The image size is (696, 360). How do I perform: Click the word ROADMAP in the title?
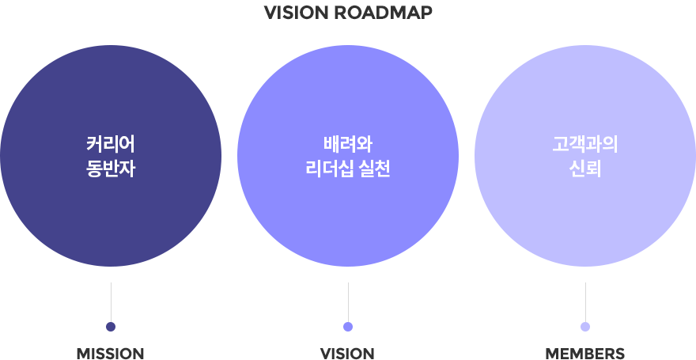click(383, 13)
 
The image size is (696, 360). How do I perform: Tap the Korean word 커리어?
click(111, 145)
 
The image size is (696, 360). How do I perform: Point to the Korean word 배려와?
click(348, 145)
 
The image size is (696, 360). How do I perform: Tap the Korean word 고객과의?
click(585, 145)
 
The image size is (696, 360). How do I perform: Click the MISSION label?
click(111, 354)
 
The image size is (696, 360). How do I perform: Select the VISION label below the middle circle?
click(347, 354)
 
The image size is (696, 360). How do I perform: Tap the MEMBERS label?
click(585, 354)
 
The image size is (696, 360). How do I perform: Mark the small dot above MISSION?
click(111, 327)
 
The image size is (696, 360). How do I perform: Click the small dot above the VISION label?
click(348, 327)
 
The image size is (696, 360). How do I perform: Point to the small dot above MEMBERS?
click(585, 327)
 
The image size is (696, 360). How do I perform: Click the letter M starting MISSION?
click(84, 354)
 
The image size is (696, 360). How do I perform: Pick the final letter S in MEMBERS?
click(620, 354)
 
